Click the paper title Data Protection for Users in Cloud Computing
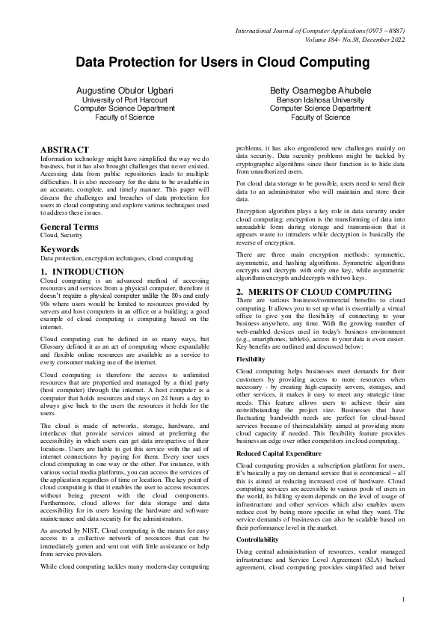(x=222, y=62)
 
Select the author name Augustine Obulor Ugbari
(x=124, y=90)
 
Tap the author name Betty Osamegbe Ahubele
(x=319, y=90)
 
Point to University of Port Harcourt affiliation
(x=124, y=99)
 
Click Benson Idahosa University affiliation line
(x=319, y=99)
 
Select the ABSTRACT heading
(x=64, y=150)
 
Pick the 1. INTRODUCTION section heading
(x=82, y=272)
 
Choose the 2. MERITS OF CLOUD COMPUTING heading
(x=313, y=291)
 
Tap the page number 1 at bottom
(x=403, y=599)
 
